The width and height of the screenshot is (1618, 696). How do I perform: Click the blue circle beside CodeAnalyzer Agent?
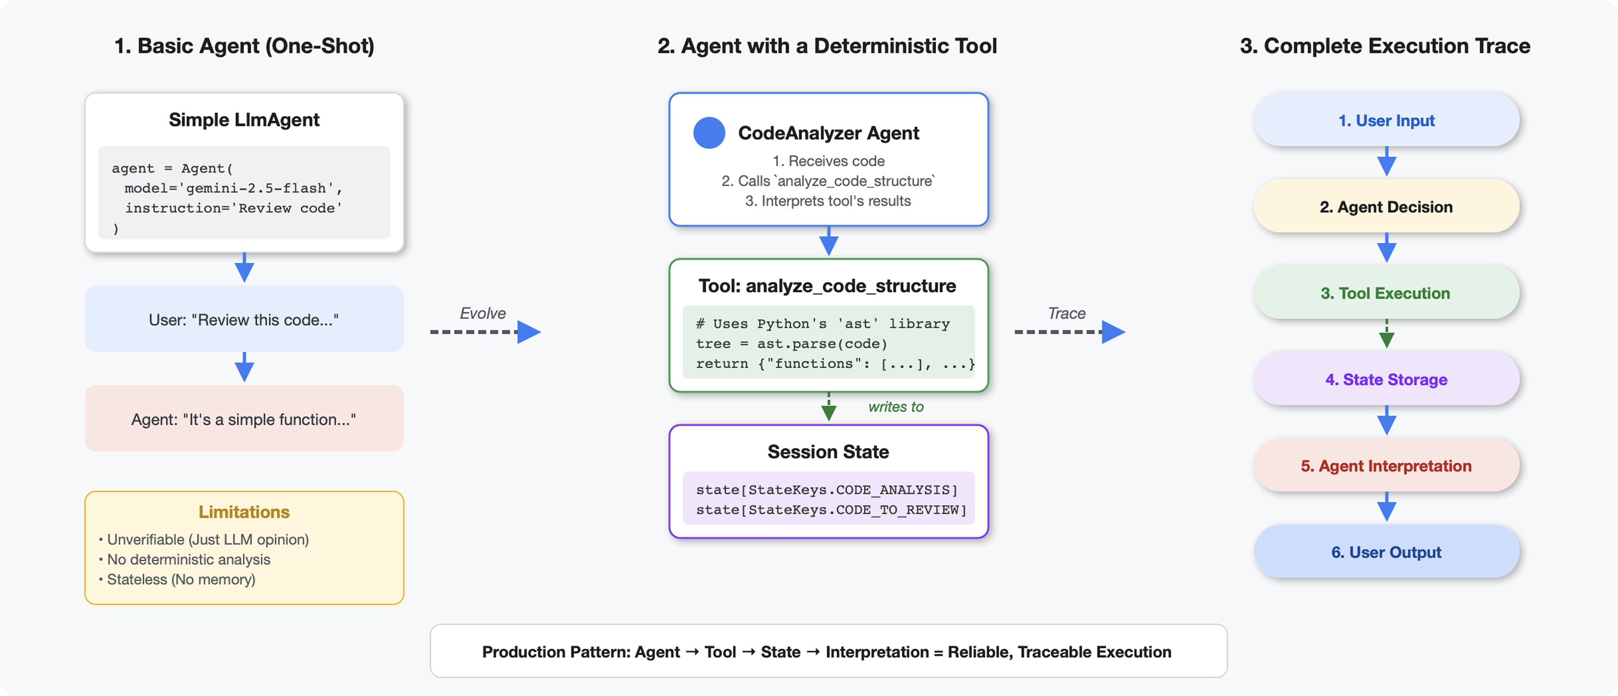click(709, 133)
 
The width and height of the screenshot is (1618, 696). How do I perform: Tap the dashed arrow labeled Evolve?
click(484, 332)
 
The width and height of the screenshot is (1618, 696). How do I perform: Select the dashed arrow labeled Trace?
click(1068, 332)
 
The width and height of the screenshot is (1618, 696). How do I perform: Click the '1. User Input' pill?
click(1386, 120)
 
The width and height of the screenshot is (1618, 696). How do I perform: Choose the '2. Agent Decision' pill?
click(1386, 207)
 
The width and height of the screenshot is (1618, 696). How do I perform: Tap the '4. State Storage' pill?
click(1386, 379)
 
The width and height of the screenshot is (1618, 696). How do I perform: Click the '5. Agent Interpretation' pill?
click(1386, 465)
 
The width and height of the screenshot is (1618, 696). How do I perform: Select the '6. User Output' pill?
click(1386, 552)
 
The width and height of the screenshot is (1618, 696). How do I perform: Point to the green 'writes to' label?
click(896, 407)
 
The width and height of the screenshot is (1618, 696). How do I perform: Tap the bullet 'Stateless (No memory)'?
click(181, 579)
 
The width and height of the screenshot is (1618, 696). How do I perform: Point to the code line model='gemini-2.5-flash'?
click(233, 189)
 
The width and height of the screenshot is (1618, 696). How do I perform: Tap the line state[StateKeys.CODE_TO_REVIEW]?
click(831, 510)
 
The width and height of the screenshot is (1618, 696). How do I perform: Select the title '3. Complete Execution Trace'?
click(1385, 46)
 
